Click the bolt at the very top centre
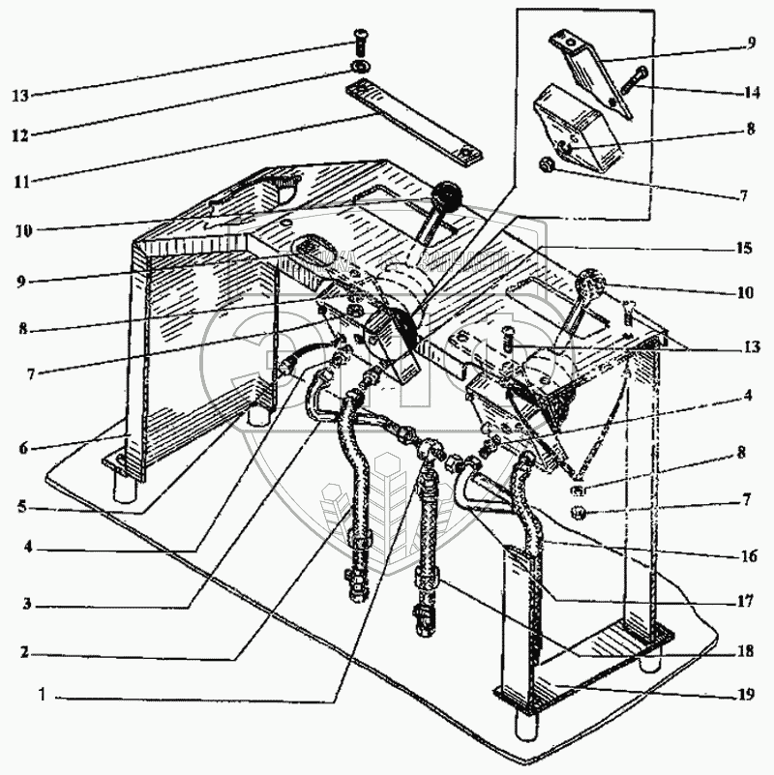(x=359, y=43)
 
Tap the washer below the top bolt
(x=359, y=67)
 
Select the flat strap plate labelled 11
(x=412, y=124)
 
